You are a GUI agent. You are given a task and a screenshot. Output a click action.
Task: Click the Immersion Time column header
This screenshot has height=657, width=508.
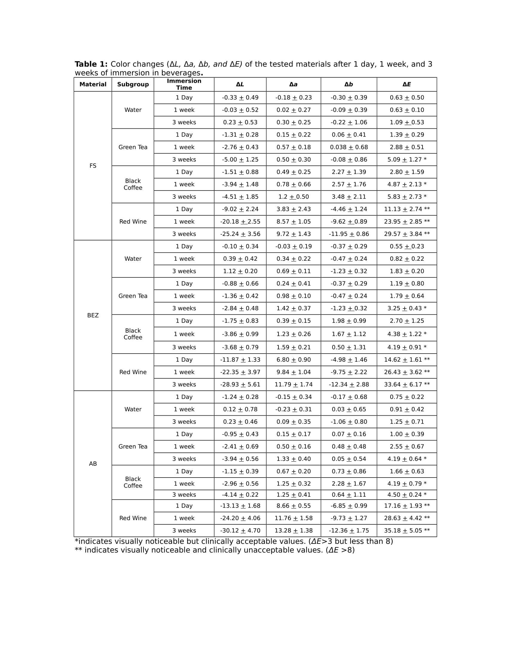point(184,84)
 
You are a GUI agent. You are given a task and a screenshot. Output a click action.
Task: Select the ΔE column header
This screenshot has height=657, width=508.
point(407,85)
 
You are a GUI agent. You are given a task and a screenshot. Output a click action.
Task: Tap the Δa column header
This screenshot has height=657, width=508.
point(293,85)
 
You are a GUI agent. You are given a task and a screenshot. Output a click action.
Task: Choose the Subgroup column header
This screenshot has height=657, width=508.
point(133,85)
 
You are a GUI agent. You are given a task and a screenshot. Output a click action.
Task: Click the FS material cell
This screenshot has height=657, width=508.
point(93,166)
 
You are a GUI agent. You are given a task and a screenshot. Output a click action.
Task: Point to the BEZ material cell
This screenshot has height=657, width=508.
point(93,315)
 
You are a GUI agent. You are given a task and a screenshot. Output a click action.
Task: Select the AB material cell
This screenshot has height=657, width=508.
point(93,463)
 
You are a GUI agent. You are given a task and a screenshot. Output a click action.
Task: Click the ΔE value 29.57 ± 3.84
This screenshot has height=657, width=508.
point(407,234)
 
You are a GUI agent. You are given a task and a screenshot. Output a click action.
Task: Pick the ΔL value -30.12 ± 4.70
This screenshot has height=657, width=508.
point(240,530)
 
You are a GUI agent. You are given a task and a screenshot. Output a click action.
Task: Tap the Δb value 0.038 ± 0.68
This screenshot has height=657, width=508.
point(349,147)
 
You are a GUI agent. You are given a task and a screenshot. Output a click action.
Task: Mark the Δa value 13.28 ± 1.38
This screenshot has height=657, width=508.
point(293,530)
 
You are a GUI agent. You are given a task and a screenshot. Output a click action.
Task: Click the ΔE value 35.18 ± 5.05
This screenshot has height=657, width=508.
point(407,530)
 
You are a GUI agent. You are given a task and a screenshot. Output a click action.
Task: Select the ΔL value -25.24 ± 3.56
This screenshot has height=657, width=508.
point(240,234)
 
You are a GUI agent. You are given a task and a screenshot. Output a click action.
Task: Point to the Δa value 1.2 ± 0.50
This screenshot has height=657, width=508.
point(293,197)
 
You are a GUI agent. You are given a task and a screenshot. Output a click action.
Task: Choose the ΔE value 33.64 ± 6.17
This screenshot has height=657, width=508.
point(407,384)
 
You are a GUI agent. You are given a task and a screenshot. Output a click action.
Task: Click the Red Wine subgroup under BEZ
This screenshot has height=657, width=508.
point(133,372)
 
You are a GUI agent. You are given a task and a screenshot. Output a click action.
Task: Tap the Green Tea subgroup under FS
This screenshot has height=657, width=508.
point(133,147)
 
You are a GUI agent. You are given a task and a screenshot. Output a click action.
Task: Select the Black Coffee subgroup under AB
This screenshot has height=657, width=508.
point(133,482)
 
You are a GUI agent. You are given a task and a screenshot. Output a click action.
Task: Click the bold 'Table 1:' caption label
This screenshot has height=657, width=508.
point(91,64)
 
